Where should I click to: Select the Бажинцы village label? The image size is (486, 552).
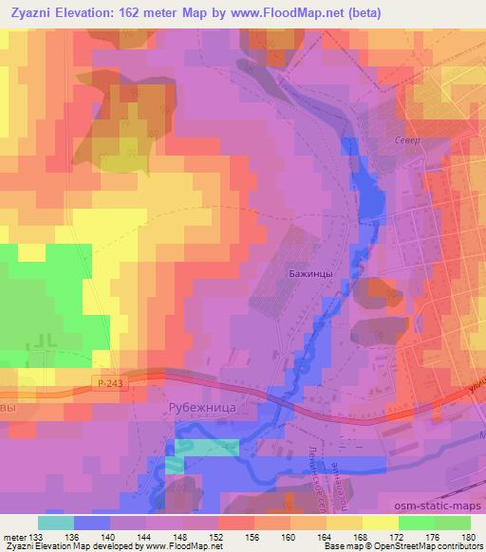(x=310, y=273)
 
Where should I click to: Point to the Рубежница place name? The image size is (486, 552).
(x=200, y=409)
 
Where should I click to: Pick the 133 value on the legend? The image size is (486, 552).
(x=39, y=536)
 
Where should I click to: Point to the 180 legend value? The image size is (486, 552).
(x=469, y=536)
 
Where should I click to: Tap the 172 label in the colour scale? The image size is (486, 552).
(x=398, y=536)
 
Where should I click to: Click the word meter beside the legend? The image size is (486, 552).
(x=15, y=536)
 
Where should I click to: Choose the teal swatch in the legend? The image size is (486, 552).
(x=56, y=523)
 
